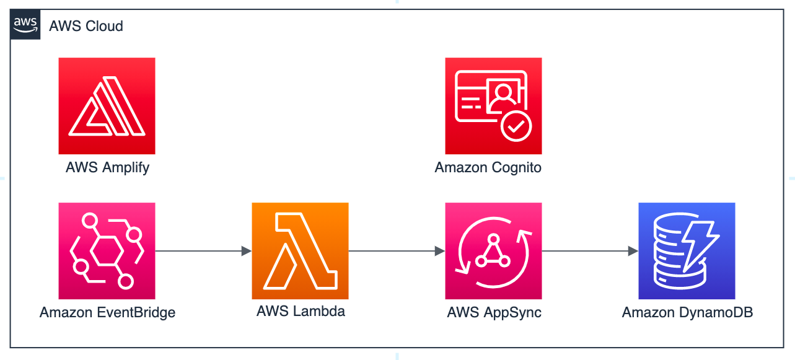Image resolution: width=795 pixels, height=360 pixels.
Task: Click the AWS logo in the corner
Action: pyautogui.click(x=25, y=25)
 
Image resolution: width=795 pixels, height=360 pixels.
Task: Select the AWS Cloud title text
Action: pyautogui.click(x=86, y=26)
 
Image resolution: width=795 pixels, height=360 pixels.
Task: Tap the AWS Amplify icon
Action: pyautogui.click(x=107, y=106)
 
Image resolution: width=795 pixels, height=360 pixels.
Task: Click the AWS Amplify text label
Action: pyautogui.click(x=107, y=167)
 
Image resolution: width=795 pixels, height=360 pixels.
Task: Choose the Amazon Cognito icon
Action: pyautogui.click(x=493, y=106)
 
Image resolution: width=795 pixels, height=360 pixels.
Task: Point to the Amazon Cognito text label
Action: pyautogui.click(x=488, y=167)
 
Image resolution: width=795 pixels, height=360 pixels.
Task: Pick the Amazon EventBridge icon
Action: pyautogui.click(x=107, y=251)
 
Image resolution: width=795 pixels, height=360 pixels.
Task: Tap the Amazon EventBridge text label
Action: pyautogui.click(x=107, y=312)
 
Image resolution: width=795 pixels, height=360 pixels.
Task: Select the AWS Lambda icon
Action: pyautogui.click(x=300, y=251)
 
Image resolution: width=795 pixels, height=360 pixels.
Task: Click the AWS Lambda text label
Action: pyautogui.click(x=301, y=311)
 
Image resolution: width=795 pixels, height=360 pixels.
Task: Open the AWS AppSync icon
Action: pyautogui.click(x=493, y=251)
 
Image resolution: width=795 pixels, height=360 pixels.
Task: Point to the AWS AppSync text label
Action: pyautogui.click(x=494, y=312)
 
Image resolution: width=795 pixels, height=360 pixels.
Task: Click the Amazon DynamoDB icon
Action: pyautogui.click(x=687, y=251)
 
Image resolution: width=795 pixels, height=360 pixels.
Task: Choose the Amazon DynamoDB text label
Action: pyautogui.click(x=687, y=312)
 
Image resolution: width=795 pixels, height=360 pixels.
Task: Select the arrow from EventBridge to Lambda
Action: pyautogui.click(x=203, y=251)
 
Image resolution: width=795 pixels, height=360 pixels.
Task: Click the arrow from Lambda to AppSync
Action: pyautogui.click(x=397, y=251)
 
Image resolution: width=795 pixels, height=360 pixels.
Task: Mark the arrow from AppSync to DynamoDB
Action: pyautogui.click(x=590, y=251)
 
